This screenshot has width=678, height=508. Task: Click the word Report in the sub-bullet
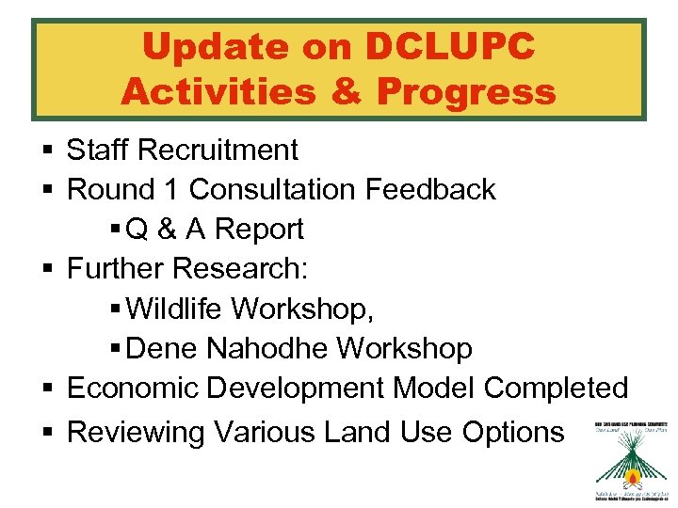coord(260,229)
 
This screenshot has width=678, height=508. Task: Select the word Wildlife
coord(175,308)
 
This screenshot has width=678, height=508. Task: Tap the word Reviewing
coord(137,432)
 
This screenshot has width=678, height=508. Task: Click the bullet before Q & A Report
coord(115,230)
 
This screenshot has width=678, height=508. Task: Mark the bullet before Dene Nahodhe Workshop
coord(115,349)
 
